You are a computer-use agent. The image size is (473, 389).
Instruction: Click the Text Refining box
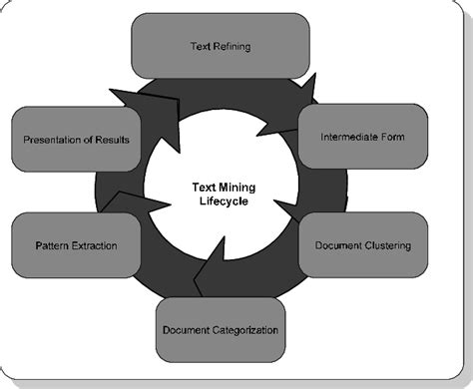221,46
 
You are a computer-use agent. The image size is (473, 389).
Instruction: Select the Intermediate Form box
362,136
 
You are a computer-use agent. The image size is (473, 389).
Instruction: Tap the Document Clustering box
362,244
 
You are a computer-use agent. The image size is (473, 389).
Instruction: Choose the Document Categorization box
220,329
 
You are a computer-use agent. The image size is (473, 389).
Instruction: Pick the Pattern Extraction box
76,244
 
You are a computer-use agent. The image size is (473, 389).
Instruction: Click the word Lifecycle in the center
221,200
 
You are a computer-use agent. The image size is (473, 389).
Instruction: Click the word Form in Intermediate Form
390,136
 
